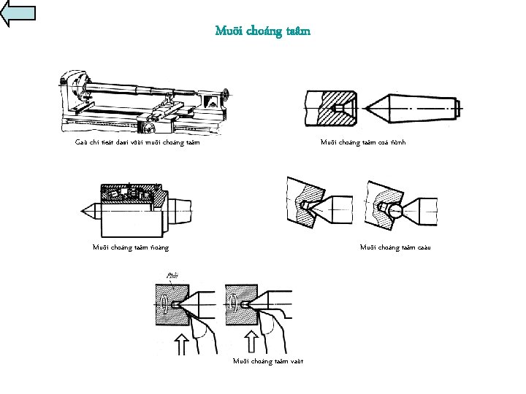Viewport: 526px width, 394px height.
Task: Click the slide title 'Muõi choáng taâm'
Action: (x=263, y=31)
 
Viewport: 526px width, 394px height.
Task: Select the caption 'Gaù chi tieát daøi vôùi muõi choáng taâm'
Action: (x=137, y=142)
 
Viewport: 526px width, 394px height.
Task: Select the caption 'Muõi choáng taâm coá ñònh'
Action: (x=363, y=142)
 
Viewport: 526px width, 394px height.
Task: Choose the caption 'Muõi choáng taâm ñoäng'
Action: (x=131, y=247)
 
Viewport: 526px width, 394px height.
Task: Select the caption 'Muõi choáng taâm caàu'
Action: (x=396, y=247)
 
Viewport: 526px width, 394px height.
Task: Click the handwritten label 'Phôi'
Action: (x=172, y=276)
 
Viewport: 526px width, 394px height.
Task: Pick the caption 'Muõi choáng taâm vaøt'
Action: (x=268, y=360)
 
